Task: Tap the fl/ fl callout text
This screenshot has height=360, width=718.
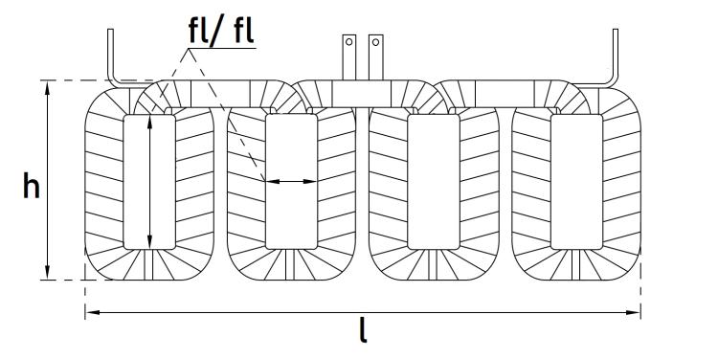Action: point(222,31)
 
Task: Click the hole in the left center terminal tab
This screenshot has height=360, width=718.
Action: point(348,42)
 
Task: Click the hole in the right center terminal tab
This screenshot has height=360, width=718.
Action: point(375,42)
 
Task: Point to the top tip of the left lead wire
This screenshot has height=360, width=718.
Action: point(110,30)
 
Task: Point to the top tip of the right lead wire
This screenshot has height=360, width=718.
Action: point(616,30)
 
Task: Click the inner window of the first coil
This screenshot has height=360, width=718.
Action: point(149,182)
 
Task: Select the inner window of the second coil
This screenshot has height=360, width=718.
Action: point(292,182)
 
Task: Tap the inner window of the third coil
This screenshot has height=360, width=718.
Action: point(433,182)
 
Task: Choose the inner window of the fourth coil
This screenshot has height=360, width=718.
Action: point(576,182)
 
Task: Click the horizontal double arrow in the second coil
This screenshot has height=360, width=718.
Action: point(292,181)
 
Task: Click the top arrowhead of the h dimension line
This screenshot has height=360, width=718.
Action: point(48,86)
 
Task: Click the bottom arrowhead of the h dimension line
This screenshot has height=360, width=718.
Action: point(48,274)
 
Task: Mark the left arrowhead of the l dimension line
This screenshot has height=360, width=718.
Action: point(92,312)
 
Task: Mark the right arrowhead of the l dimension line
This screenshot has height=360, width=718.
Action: point(634,312)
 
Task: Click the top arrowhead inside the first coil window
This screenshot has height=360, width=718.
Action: point(149,121)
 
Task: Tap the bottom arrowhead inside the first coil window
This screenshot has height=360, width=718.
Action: point(149,243)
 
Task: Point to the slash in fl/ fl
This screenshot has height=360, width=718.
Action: point(214,32)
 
